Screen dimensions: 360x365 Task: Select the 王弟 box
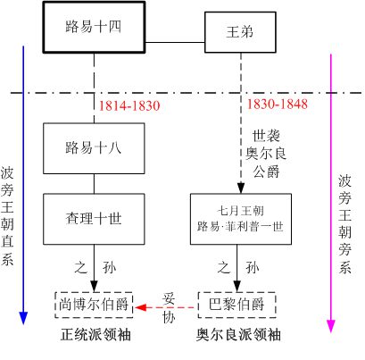coord(239,33)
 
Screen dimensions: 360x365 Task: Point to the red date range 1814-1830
coord(130,105)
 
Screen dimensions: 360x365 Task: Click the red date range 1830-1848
coord(278,105)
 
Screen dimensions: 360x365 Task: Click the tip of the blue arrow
coord(24,318)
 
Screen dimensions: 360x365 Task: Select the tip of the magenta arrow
coord(331,318)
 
